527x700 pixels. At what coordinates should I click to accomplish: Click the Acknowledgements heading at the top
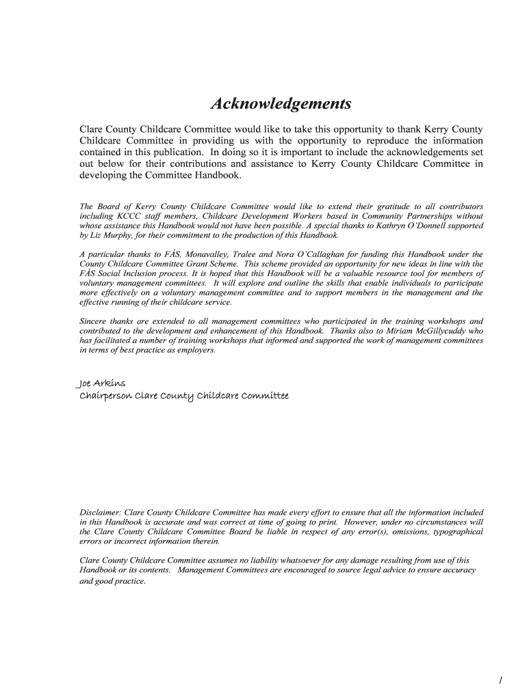click(x=281, y=104)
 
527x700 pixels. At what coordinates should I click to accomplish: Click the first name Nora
click(x=285, y=254)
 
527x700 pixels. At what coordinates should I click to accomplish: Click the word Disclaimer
click(x=101, y=512)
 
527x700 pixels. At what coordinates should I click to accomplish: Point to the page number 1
click(x=500, y=679)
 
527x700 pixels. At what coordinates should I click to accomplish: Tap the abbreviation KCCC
click(x=125, y=215)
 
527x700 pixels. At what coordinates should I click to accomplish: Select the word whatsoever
click(x=316, y=560)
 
